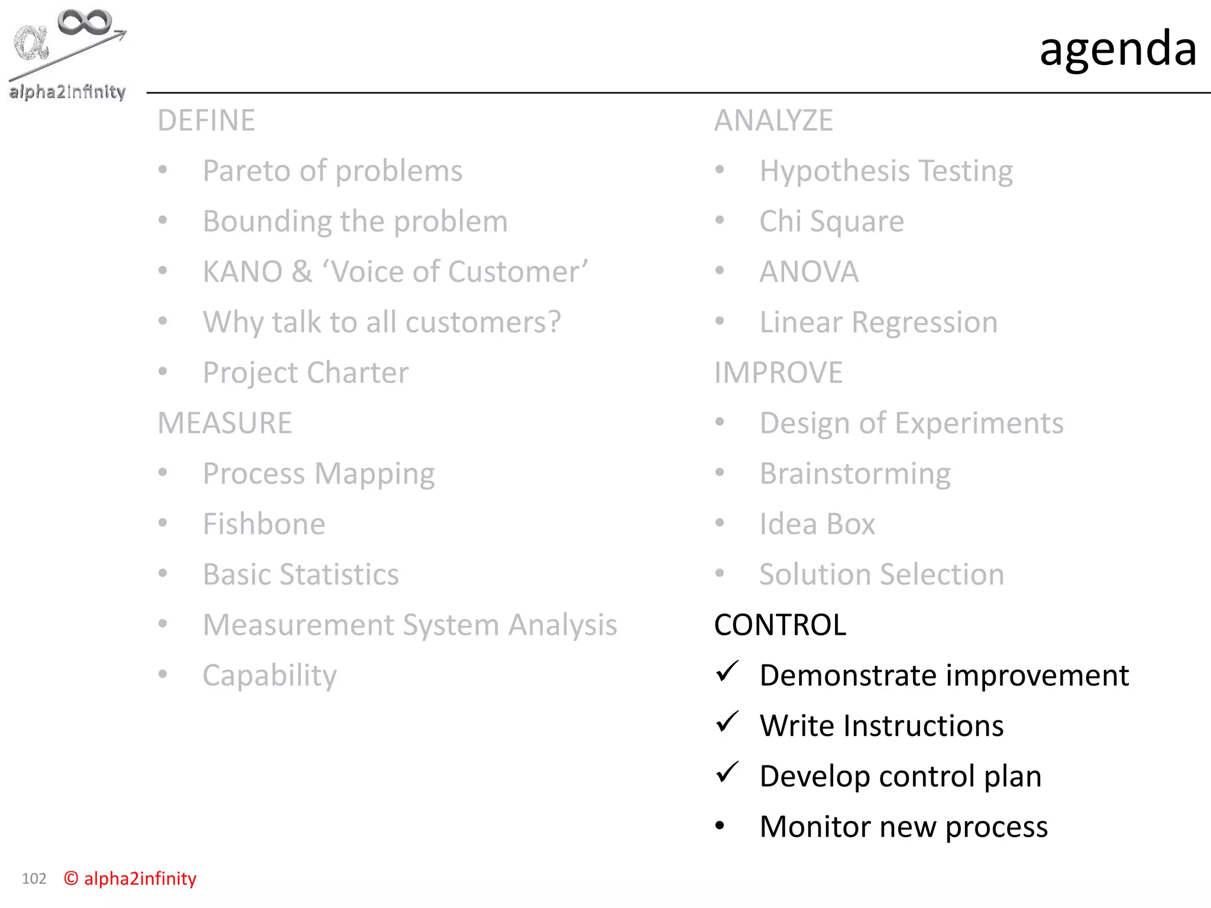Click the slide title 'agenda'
[1118, 48]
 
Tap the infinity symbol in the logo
[85, 22]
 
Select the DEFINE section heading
[206, 121]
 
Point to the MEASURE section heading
[225, 423]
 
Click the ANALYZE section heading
[773, 121]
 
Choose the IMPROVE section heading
[778, 373]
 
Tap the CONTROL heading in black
[780, 625]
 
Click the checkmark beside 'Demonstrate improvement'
[727, 672]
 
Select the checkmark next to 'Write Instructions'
[727, 722]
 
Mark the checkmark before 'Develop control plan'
[727, 772]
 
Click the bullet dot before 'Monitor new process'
[720, 826]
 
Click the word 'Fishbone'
[264, 524]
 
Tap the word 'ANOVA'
[809, 272]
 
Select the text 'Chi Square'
[831, 222]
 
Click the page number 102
[34, 878]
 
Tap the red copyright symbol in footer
[71, 878]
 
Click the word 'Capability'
[270, 676]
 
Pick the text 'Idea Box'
[817, 524]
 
